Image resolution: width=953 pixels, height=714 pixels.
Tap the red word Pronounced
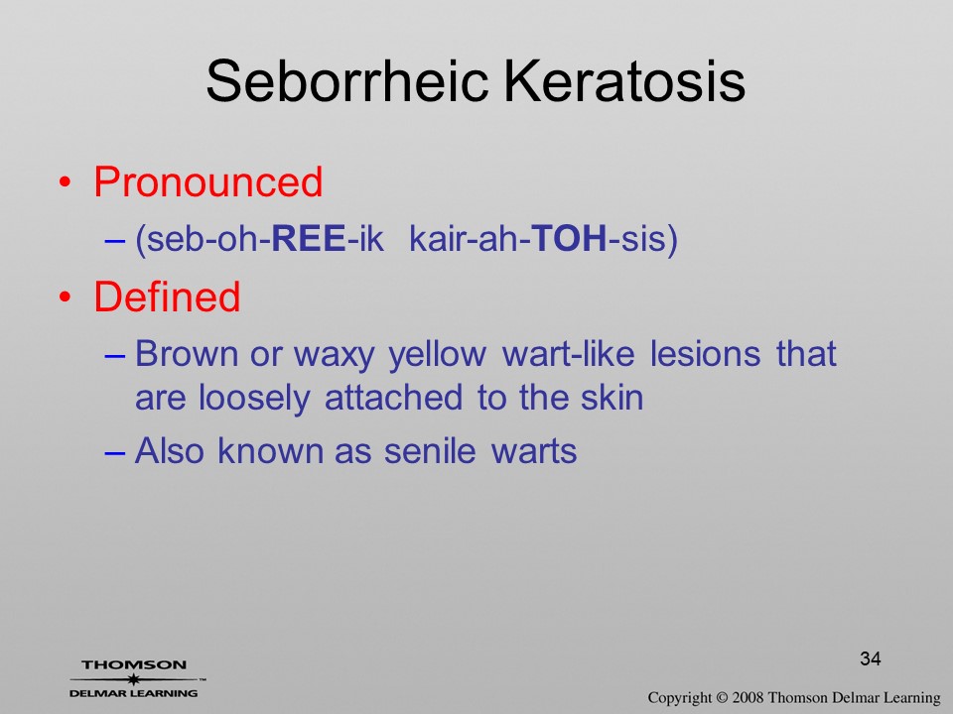(207, 181)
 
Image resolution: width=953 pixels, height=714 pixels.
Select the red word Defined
(167, 297)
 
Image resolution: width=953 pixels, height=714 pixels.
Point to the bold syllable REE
(308, 238)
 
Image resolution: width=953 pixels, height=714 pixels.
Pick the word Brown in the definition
(186, 353)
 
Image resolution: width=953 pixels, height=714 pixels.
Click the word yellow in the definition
(438, 355)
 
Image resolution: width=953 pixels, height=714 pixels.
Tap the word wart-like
(568, 353)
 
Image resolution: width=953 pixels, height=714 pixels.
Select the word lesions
(705, 353)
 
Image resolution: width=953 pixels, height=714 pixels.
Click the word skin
(613, 398)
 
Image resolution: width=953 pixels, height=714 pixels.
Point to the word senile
(430, 451)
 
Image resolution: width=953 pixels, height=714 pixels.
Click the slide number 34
(871, 658)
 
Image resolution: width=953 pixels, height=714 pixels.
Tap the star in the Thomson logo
(134, 678)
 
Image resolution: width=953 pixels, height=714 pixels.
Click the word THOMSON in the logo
(134, 664)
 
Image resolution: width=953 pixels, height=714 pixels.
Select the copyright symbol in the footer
(722, 697)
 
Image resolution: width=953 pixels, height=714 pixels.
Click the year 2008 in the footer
(748, 697)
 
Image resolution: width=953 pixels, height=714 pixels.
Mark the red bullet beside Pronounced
(66, 182)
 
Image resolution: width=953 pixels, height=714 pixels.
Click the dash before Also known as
(115, 453)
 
